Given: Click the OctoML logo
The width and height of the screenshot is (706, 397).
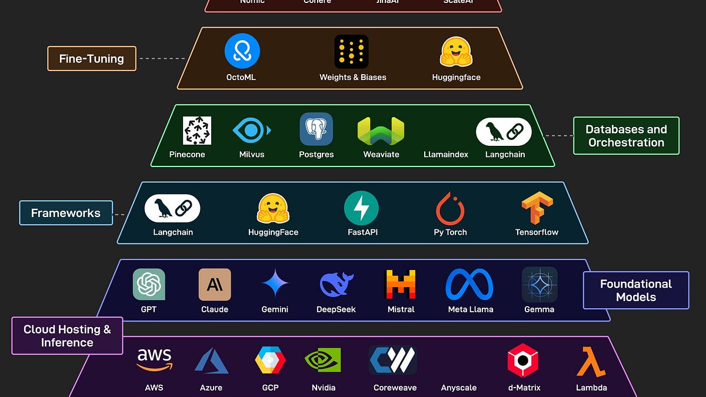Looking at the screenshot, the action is (x=242, y=51).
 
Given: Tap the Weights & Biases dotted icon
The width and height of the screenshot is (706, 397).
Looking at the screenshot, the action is (x=351, y=52).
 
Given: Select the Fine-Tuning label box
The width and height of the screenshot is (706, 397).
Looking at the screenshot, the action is (x=92, y=59).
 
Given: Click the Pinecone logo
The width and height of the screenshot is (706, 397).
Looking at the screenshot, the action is (x=197, y=131).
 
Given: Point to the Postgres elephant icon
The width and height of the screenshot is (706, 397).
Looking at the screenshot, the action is (x=316, y=129).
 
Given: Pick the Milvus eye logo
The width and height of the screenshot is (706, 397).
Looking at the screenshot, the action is (x=251, y=130).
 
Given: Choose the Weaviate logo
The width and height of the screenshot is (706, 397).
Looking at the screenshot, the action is (x=381, y=131).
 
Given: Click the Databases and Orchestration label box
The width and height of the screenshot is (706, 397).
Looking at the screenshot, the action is (x=626, y=136).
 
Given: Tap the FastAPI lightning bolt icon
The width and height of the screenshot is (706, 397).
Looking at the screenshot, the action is (x=361, y=208).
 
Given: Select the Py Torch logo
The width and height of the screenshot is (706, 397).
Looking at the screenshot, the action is (x=450, y=208).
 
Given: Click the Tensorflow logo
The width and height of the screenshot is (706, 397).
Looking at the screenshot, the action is (x=537, y=208).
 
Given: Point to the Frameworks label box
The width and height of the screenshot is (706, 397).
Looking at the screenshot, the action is (x=66, y=213).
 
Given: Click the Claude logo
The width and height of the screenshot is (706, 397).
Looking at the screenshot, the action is (x=215, y=285).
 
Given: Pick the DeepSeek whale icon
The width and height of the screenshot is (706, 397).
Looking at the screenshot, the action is (x=336, y=285).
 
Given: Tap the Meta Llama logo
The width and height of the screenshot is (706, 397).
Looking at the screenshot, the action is (x=469, y=285).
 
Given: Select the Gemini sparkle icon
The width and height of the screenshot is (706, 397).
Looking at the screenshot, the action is (x=275, y=285).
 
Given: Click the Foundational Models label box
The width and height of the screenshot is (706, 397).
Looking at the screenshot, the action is (x=635, y=291).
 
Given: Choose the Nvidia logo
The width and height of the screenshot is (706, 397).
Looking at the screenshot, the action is (x=323, y=360).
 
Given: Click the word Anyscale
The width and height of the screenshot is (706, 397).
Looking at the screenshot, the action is (x=458, y=388).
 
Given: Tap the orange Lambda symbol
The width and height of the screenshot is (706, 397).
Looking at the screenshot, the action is (x=591, y=361).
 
